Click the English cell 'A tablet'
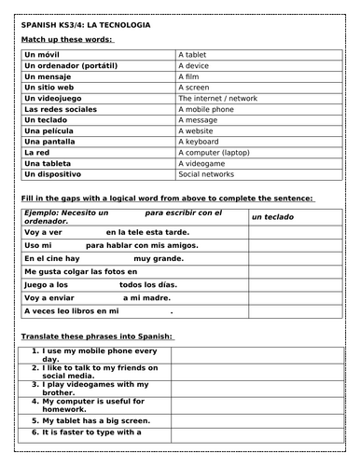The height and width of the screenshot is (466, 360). pos(198,55)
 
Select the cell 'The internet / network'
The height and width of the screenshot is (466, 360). pos(221,97)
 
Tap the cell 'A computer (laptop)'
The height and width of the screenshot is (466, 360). pos(216,151)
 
